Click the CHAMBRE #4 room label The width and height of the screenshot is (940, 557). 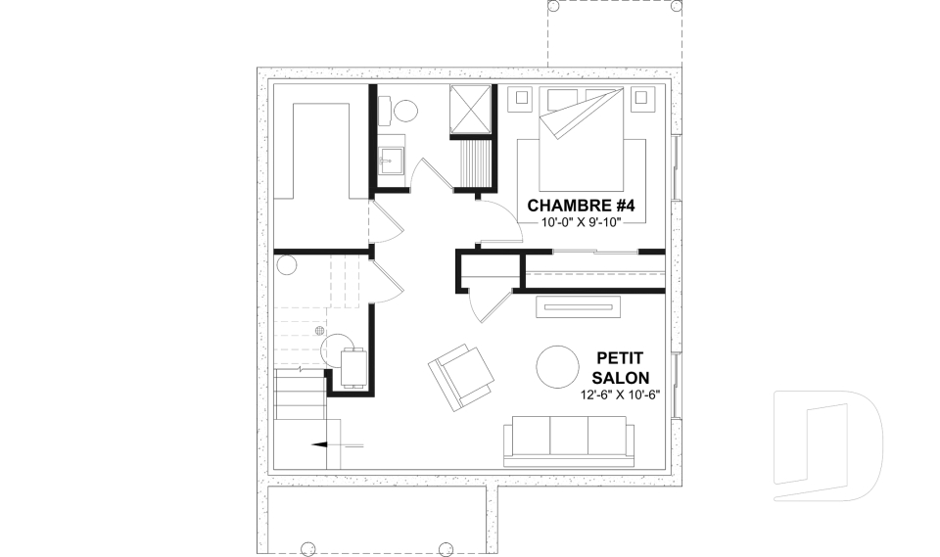pos(581,206)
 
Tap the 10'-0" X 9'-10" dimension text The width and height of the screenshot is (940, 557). pos(580,223)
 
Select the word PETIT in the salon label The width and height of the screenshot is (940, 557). pos(620,358)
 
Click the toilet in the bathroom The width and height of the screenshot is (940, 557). pos(400,111)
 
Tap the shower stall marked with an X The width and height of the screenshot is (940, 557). pos(471,108)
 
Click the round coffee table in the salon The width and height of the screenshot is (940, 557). pos(557,367)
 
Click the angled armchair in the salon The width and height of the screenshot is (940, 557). pos(461,377)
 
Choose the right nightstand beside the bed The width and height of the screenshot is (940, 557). pos(641,99)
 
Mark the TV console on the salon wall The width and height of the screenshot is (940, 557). pos(579,307)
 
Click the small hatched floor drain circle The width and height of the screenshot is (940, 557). pos(320,330)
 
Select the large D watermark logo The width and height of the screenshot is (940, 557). pos(827,445)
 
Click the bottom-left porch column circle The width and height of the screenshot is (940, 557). pos(306,548)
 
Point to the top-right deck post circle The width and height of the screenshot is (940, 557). pos(676,7)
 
